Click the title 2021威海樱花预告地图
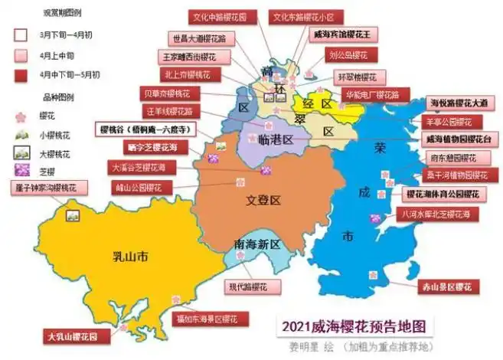tap(352, 325)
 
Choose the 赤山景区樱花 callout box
tap(447, 287)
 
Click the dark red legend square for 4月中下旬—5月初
tap(21, 74)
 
